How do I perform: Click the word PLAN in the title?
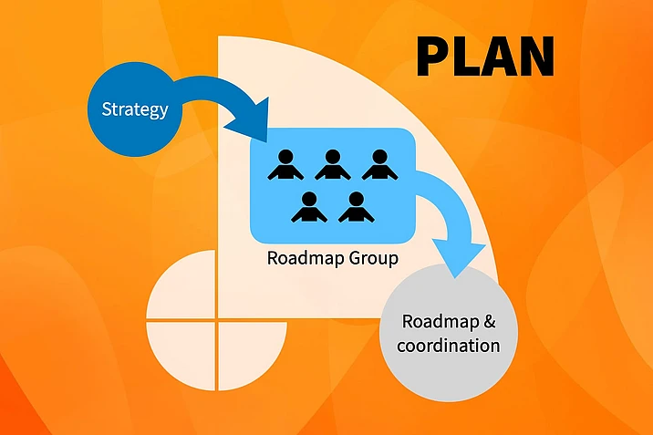click(x=485, y=56)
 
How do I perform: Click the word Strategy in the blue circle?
click(x=135, y=110)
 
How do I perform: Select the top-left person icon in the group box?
click(x=285, y=164)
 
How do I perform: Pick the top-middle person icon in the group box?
click(x=332, y=164)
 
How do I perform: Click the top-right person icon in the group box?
click(x=379, y=164)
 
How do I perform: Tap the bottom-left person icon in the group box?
click(x=309, y=207)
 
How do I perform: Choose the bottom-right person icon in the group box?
click(x=357, y=207)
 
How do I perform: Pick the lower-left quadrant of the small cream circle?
click(x=182, y=351)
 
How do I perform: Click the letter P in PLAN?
click(x=434, y=56)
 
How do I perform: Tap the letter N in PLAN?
click(x=535, y=56)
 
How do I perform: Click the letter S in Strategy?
click(x=106, y=110)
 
